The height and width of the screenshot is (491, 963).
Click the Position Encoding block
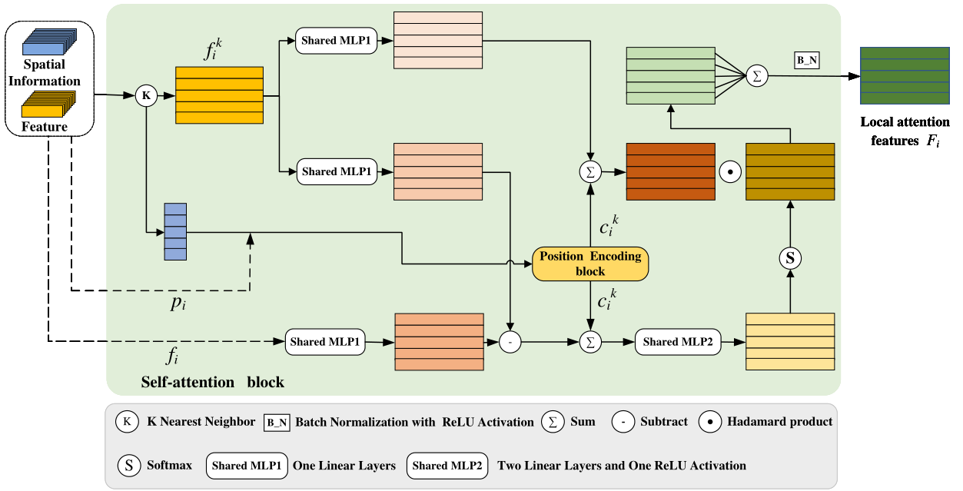point(590,264)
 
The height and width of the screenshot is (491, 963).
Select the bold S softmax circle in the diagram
point(789,259)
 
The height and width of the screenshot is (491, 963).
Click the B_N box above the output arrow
point(806,59)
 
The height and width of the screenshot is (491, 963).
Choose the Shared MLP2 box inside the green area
point(678,342)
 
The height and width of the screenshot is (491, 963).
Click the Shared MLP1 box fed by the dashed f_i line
point(325,342)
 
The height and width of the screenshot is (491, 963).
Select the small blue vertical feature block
point(175,232)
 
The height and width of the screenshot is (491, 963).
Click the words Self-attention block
point(213,382)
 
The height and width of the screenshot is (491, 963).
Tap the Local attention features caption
point(905,131)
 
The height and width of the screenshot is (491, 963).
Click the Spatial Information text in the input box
point(45,73)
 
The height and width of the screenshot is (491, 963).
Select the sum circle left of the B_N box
point(756,75)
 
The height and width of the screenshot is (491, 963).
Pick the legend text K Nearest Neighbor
point(201,421)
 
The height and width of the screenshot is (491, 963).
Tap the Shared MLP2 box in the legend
point(447,466)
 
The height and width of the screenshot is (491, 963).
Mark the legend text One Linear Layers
point(344,466)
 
